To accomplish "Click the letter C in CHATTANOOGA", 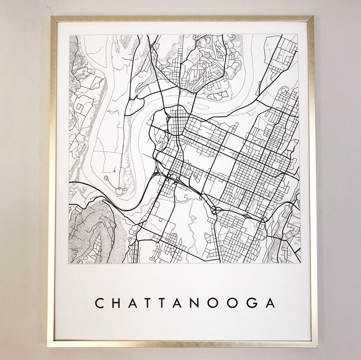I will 99,303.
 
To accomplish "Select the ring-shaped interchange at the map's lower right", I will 264,220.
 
